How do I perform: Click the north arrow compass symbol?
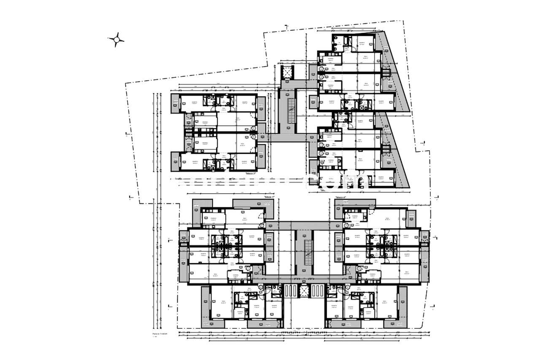tap(116, 40)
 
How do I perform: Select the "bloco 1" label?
tap(269, 198)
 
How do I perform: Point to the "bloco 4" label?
tap(340, 198)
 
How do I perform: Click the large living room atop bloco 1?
tap(245, 217)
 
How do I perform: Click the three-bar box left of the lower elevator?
tap(291, 291)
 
